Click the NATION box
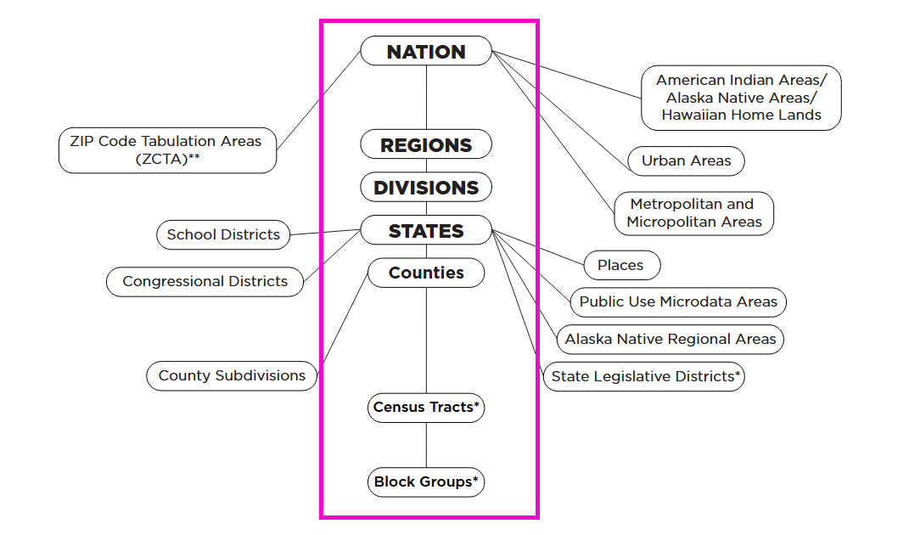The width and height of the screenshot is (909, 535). (426, 51)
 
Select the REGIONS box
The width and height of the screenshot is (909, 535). (426, 144)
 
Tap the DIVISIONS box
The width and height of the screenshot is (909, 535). (426, 188)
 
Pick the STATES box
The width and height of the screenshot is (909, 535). (426, 230)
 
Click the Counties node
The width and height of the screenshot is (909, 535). (426, 273)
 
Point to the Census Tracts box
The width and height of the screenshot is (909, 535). (426, 408)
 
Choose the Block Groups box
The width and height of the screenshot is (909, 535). (426, 482)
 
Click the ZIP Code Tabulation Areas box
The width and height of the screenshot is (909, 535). (167, 150)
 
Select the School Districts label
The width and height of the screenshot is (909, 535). (223, 235)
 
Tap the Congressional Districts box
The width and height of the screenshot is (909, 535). (205, 281)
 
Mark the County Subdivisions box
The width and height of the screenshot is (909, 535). (232, 375)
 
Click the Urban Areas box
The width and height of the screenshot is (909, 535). (686, 160)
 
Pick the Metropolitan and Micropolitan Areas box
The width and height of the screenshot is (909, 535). (694, 213)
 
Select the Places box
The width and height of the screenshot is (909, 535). (621, 265)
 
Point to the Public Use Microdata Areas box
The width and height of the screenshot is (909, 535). (678, 301)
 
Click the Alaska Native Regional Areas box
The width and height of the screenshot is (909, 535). (671, 339)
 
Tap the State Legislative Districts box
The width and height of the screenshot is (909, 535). (644, 376)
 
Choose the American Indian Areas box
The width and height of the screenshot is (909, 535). (741, 98)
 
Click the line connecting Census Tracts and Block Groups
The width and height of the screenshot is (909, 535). (426, 445)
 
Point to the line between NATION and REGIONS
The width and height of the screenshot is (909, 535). (426, 98)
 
